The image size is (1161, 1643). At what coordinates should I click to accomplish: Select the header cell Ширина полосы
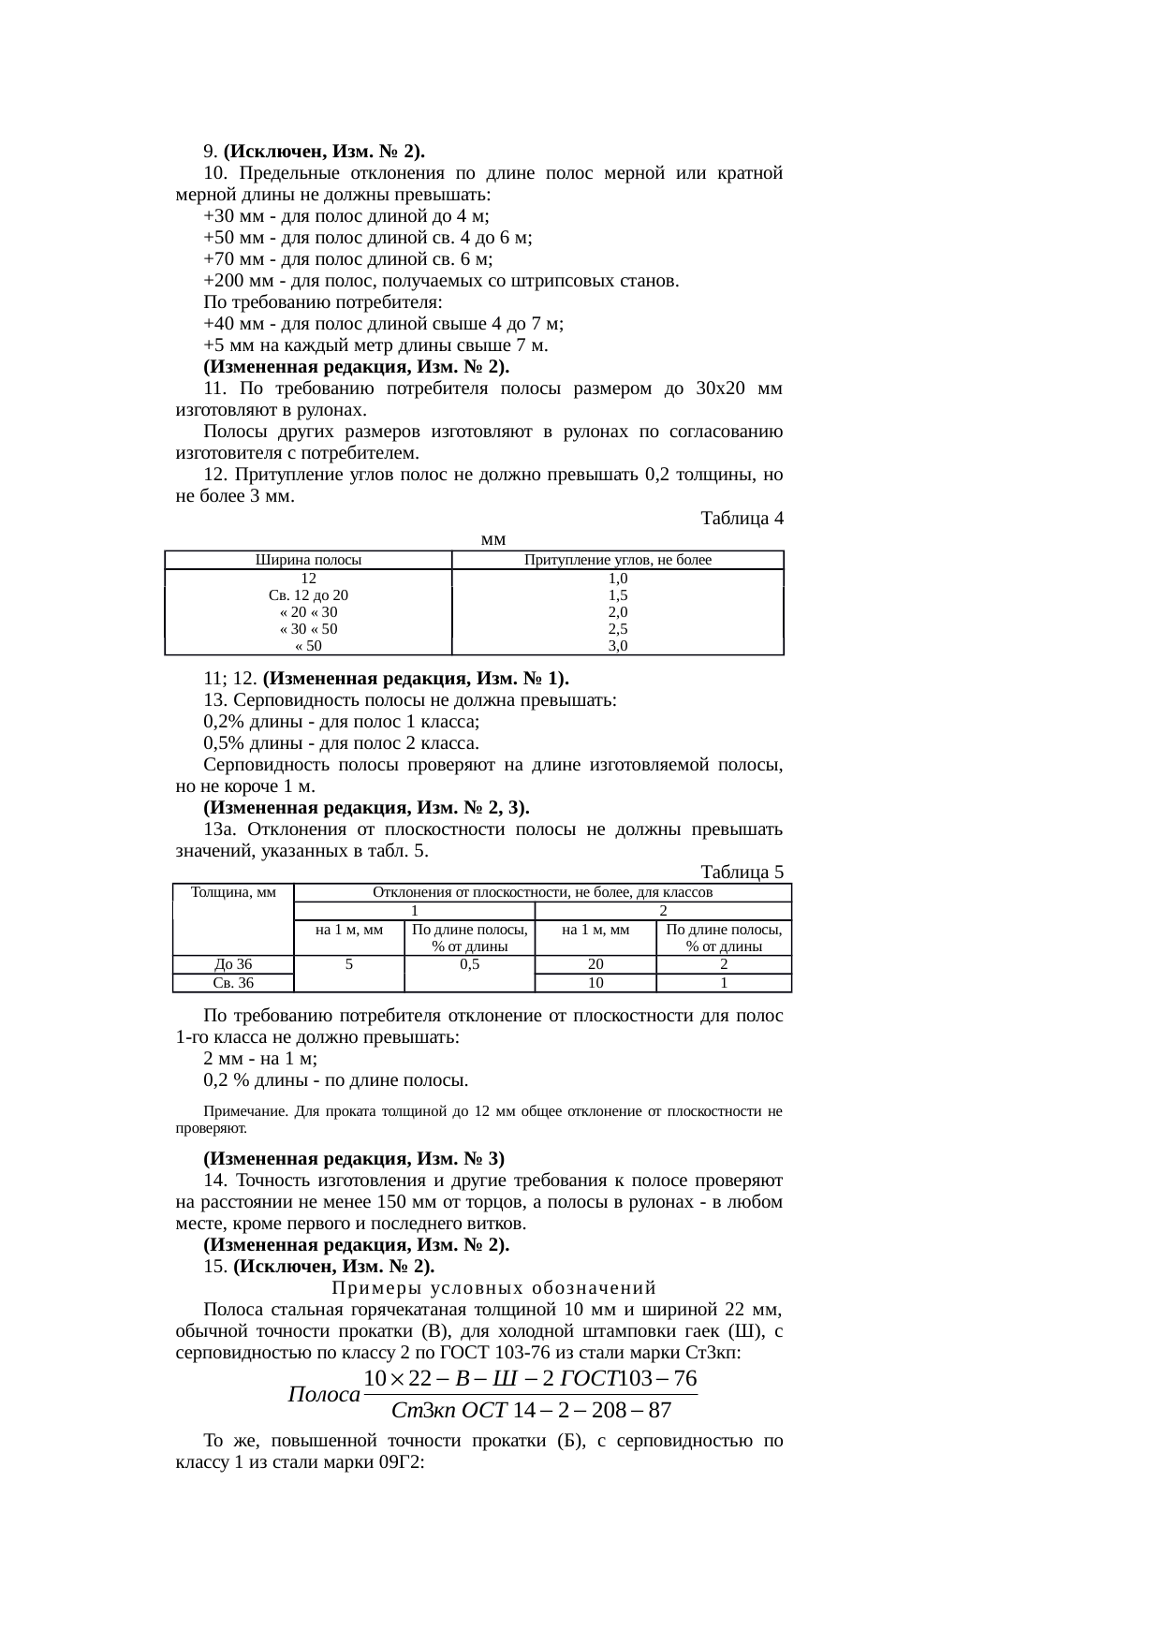(x=308, y=560)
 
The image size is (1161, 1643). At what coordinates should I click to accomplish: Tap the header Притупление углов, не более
(x=618, y=560)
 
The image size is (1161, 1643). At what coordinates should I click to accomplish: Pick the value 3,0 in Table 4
(x=618, y=645)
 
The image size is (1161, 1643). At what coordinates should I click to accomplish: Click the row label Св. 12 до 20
(x=308, y=594)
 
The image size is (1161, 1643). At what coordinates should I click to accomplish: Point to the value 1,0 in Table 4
(x=618, y=578)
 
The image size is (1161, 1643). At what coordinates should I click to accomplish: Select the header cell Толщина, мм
(x=233, y=892)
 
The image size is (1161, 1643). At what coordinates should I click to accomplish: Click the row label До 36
(x=233, y=963)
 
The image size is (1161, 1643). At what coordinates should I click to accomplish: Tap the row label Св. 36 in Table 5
(x=233, y=982)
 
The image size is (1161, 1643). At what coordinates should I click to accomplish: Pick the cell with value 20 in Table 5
(x=595, y=963)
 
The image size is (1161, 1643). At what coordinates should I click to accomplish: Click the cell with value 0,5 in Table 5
(x=469, y=963)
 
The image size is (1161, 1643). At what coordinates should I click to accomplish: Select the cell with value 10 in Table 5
(x=595, y=982)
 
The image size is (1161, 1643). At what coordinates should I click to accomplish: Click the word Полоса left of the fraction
(x=324, y=1394)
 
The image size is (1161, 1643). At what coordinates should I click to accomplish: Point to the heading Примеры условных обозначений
(x=493, y=1287)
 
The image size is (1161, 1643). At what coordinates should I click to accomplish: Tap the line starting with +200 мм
(x=441, y=281)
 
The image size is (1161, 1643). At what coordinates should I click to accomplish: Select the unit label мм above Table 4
(x=492, y=539)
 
